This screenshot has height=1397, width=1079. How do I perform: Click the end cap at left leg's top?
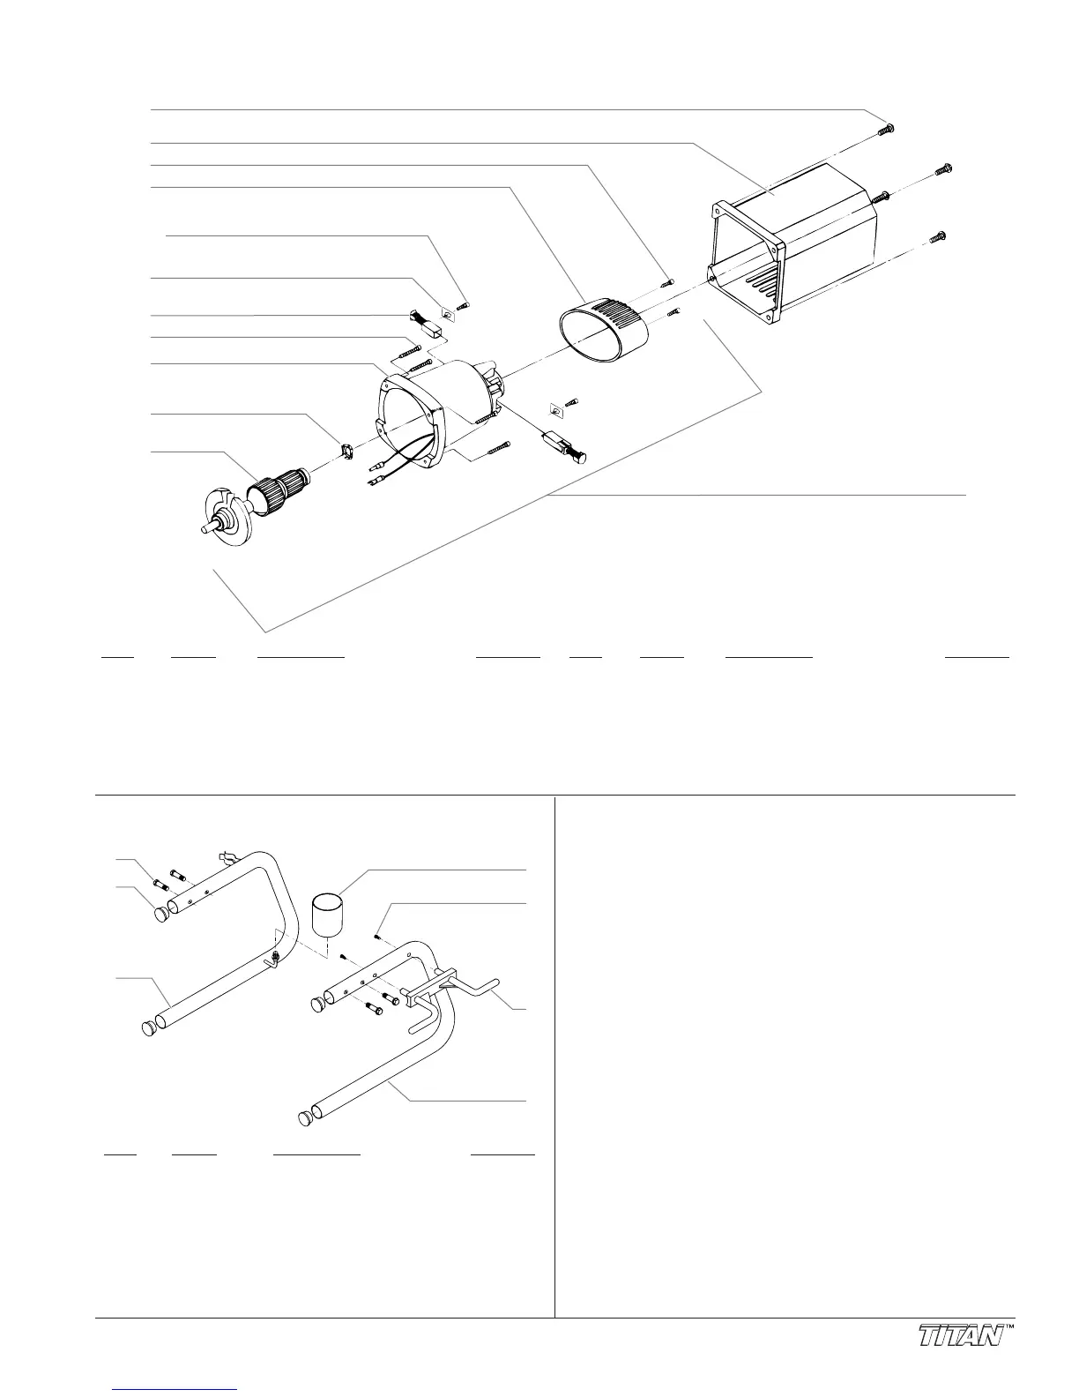click(161, 914)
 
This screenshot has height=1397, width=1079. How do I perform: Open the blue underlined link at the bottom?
click(175, 1388)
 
